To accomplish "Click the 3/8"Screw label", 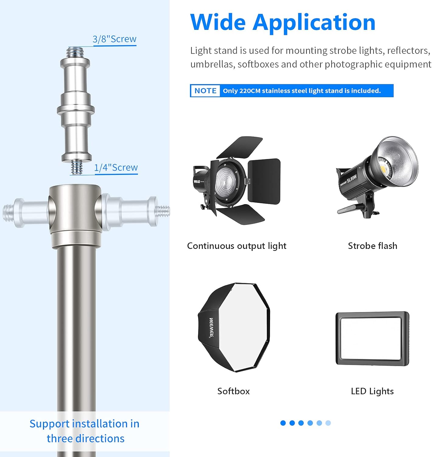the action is tap(114, 39).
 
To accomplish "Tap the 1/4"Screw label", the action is tap(116, 167).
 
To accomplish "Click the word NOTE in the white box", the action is tap(205, 91).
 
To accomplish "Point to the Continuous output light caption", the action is tap(237, 246).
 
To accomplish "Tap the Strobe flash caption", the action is tap(372, 246).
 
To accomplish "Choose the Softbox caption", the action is tap(234, 391).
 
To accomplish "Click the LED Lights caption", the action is tap(372, 391).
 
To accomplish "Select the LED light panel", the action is tap(372, 339).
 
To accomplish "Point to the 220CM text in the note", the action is tap(250, 91).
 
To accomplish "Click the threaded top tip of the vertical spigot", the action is tap(75, 52).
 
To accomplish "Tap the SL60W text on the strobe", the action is tap(352, 179).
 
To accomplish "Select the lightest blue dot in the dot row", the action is tap(328, 423).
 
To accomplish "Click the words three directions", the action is tap(86, 439).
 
